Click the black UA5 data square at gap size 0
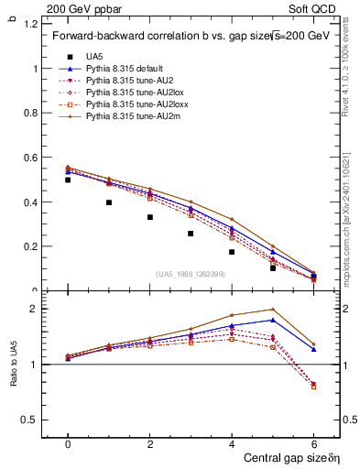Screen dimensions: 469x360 [68, 180]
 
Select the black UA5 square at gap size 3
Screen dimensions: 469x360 [191, 234]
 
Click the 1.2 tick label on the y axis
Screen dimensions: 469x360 [27, 24]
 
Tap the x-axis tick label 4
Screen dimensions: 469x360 [232, 443]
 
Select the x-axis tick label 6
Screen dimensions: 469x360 [313, 443]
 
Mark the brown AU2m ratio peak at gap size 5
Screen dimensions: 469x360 [273, 309]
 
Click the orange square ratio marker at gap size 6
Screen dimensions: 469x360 [313, 387]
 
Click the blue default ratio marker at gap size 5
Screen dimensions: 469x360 [273, 320]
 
